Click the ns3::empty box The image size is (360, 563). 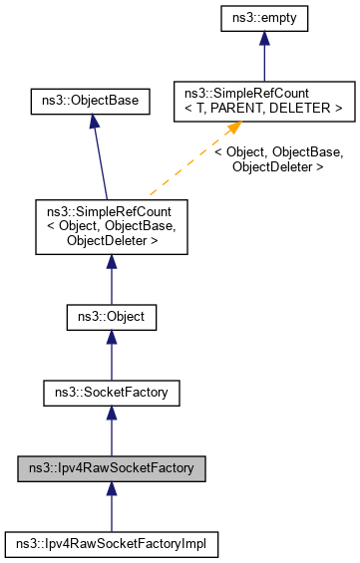263,19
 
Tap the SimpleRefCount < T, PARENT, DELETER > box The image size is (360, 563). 263,100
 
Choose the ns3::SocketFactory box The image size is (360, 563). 111,395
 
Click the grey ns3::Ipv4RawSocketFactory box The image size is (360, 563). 111,468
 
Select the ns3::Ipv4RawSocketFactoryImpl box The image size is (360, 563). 111,543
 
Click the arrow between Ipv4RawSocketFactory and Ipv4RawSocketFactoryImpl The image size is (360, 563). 111,508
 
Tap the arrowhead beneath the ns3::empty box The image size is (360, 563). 263,41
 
